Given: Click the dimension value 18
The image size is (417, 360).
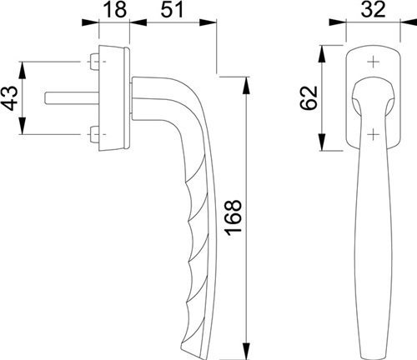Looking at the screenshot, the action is (115, 10).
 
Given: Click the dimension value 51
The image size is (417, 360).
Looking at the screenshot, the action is (173, 10).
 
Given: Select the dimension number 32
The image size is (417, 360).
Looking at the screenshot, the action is (373, 10).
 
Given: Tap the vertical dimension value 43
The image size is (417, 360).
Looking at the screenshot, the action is (10, 98).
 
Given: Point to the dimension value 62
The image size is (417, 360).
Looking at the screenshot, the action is (309, 98).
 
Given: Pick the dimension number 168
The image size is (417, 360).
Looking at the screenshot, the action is (234, 217).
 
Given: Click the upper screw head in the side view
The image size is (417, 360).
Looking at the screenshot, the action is (94, 62).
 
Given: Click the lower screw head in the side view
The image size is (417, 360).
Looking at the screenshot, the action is (94, 134).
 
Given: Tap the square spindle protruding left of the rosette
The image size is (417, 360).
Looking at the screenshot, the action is (72, 98).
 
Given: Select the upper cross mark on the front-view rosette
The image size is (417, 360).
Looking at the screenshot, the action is (373, 62).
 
